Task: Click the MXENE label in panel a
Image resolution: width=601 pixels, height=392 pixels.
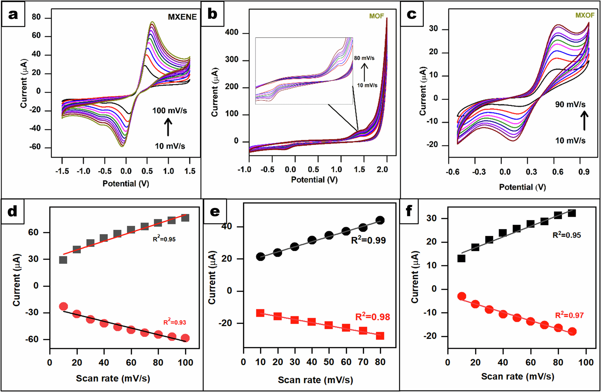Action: (182, 17)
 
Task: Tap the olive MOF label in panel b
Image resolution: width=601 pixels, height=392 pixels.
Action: (377, 16)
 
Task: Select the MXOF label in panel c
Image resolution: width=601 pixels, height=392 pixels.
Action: (585, 15)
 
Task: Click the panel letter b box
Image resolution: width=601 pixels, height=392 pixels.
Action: (212, 14)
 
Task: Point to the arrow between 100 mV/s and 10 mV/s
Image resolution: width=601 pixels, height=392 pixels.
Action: (168, 127)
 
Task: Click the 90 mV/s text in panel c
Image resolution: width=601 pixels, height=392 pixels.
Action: (570, 105)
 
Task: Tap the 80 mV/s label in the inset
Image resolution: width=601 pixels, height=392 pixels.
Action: (364, 58)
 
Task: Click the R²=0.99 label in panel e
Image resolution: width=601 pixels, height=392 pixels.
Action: (368, 240)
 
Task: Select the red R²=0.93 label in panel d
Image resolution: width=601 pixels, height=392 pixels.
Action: (175, 322)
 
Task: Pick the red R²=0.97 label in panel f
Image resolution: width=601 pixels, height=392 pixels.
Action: (569, 315)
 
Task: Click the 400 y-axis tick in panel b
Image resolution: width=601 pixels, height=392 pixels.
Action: (232, 32)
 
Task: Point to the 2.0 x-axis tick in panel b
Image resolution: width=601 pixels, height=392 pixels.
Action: (382, 170)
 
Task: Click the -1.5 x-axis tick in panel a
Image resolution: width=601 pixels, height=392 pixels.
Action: (62, 171)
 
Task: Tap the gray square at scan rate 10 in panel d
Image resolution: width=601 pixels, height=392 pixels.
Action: (63, 260)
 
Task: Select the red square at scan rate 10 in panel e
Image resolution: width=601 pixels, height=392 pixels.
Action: (260, 313)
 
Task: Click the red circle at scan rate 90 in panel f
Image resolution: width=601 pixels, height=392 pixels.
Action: (572, 332)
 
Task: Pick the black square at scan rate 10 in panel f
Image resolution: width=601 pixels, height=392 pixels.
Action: (461, 258)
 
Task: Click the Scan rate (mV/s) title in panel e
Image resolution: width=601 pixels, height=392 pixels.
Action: (315, 380)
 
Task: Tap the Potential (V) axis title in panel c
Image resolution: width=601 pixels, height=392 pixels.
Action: (522, 187)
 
